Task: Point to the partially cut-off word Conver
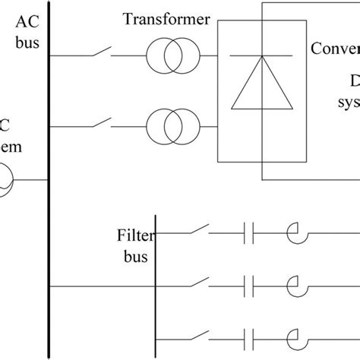point(335,49)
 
